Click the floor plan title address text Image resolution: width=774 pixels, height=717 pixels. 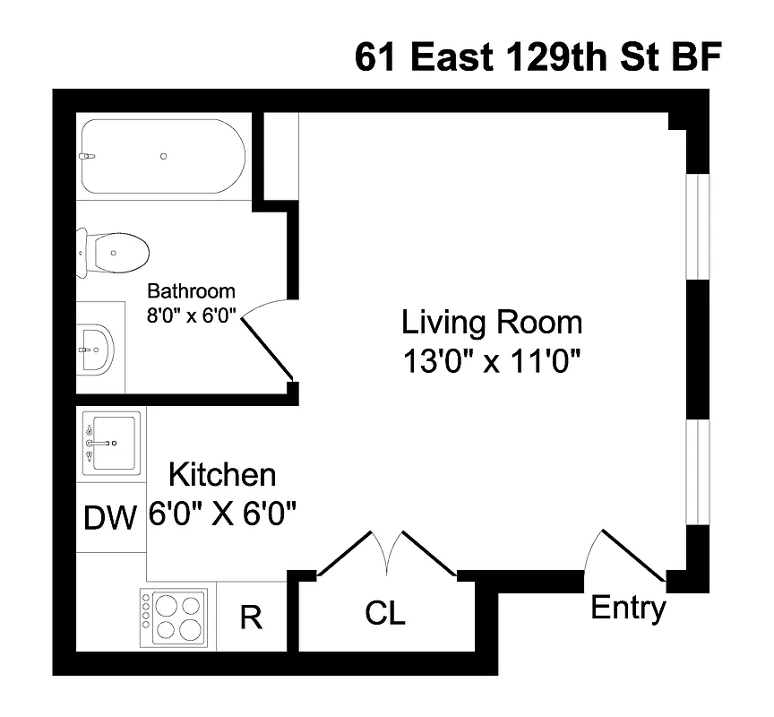click(x=537, y=56)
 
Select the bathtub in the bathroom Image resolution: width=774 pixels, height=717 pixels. click(x=162, y=157)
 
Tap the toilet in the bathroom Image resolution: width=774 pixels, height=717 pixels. click(x=114, y=253)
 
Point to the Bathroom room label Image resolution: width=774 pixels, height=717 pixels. click(x=191, y=291)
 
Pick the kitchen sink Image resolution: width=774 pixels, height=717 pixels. click(x=111, y=442)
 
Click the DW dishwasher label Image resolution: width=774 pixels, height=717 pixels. click(x=110, y=517)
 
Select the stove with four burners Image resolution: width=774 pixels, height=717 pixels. click(x=176, y=616)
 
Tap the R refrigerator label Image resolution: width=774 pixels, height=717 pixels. click(x=252, y=618)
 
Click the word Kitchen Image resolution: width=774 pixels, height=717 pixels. click(x=222, y=474)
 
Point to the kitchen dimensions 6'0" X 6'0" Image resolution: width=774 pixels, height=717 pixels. click(x=222, y=514)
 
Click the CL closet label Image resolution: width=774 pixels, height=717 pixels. click(x=385, y=614)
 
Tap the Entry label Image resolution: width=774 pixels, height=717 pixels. click(x=628, y=609)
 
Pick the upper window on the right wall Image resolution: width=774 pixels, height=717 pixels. click(x=697, y=226)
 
